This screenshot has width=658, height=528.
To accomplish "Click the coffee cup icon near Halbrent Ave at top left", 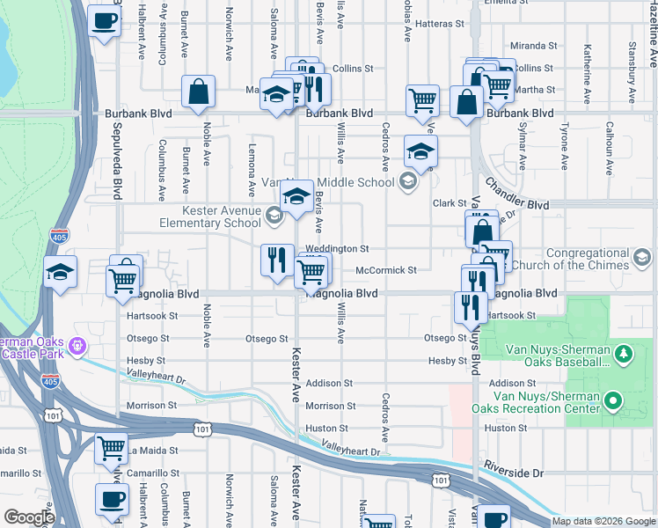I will [105, 21].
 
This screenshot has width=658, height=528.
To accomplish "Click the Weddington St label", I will [336, 250].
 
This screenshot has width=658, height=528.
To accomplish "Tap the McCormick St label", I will [385, 270].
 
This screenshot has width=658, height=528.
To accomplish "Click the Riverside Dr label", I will [514, 473].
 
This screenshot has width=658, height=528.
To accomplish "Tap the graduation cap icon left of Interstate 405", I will [60, 273].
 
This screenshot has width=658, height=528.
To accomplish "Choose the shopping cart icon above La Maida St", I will [111, 449].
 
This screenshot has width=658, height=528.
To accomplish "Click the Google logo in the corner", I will [28, 517].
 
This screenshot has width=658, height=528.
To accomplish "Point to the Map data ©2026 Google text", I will [603, 521].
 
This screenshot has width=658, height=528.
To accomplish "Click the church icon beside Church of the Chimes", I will [643, 258].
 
